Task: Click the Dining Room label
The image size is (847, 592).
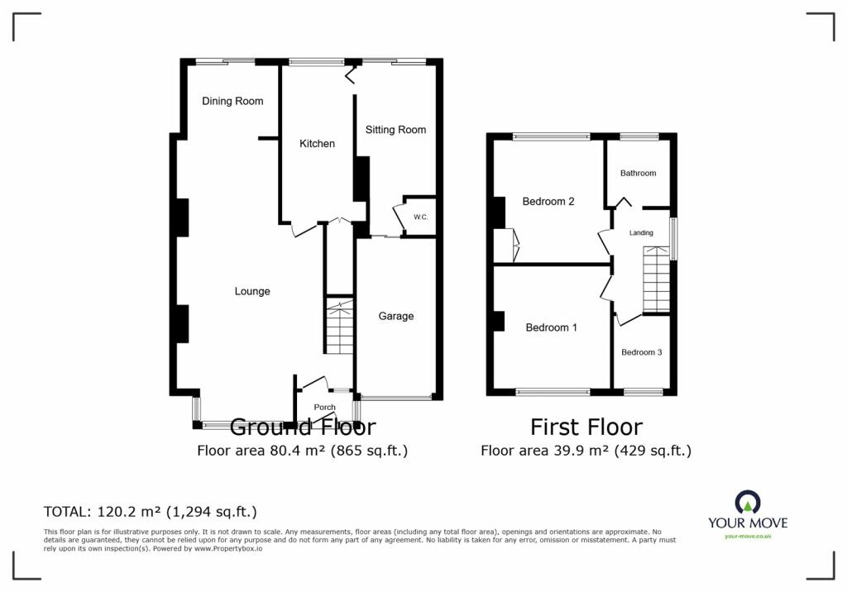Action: [232, 101]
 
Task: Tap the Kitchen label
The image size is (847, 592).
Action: [317, 144]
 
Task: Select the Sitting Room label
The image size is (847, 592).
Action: [395, 130]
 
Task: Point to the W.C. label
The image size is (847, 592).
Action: [421, 217]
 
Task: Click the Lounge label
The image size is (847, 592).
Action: [252, 292]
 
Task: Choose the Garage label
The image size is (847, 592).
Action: [396, 317]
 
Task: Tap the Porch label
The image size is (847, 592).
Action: [324, 408]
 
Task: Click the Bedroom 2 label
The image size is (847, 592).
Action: [548, 202]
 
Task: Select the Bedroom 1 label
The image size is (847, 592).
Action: [551, 327]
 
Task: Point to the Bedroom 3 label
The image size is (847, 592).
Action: [641, 352]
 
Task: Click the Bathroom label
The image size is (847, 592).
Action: [638, 173]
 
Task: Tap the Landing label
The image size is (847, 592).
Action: [641, 233]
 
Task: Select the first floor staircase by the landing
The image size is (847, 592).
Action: [656, 279]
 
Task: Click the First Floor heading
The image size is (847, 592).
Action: [586, 427]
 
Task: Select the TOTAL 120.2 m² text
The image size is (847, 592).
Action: [151, 512]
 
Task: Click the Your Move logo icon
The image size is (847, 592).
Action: [748, 502]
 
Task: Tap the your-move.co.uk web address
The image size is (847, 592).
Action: [748, 536]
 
